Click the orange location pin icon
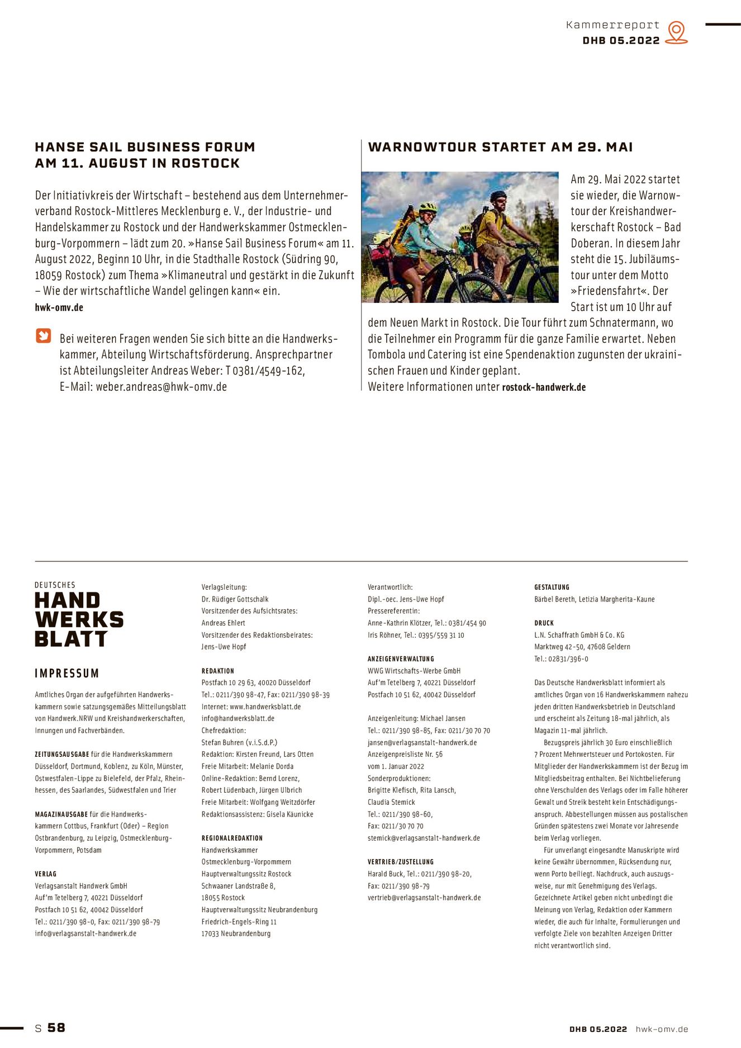676,32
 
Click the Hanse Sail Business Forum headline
145,155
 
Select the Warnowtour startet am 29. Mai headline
500,147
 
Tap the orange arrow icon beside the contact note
44,336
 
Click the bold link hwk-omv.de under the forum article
59,307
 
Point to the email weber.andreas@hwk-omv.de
161,387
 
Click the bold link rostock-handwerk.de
544,387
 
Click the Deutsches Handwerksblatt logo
78,615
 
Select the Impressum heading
66,673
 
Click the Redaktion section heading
218,671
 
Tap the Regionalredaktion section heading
232,838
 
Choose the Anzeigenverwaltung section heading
401,659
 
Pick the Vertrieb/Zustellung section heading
401,862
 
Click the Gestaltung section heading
552,587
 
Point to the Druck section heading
544,623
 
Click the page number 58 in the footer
56,1028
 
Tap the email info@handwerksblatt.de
238,719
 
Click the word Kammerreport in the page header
612,25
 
